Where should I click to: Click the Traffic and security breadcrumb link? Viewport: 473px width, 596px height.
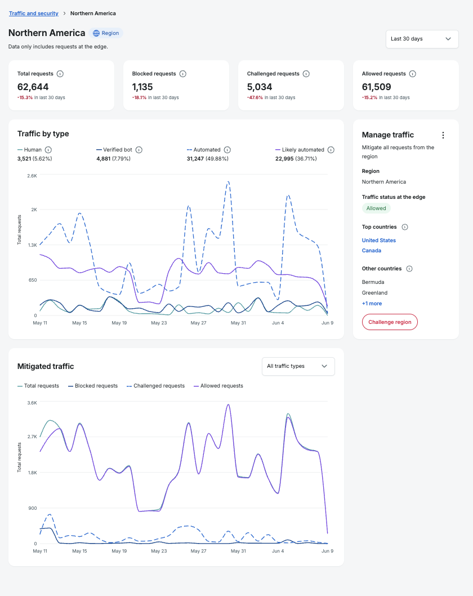pyautogui.click(x=33, y=14)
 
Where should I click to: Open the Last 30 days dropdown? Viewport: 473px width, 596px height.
pyautogui.click(x=422, y=39)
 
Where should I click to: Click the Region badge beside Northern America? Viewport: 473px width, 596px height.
pyautogui.click(x=106, y=33)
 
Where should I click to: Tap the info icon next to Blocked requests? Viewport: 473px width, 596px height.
pyautogui.click(x=183, y=74)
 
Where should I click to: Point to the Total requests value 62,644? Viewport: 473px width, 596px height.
pyautogui.click(x=33, y=87)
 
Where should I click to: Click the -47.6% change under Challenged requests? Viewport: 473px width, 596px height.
pyautogui.click(x=255, y=97)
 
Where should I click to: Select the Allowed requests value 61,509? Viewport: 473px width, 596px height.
pyautogui.click(x=376, y=87)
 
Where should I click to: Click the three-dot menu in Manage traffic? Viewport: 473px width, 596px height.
pyautogui.click(x=443, y=135)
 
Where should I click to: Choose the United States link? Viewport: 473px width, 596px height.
pyautogui.click(x=379, y=240)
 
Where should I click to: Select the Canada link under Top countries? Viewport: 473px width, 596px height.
pyautogui.click(x=371, y=251)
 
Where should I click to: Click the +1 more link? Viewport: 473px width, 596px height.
pyautogui.click(x=372, y=303)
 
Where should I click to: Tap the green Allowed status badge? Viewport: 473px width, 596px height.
pyautogui.click(x=376, y=208)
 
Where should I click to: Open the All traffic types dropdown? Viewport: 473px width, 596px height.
pyautogui.click(x=298, y=366)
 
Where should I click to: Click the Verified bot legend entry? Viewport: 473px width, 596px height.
pyautogui.click(x=114, y=150)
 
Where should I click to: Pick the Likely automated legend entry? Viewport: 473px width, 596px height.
pyautogui.click(x=300, y=150)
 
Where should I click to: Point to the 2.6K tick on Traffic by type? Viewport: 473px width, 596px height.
pyautogui.click(x=32, y=176)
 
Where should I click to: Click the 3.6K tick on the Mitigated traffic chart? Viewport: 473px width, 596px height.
pyautogui.click(x=32, y=403)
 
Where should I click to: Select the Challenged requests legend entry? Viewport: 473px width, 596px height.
pyautogui.click(x=156, y=386)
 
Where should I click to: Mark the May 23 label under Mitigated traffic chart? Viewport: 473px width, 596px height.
pyautogui.click(x=159, y=551)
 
